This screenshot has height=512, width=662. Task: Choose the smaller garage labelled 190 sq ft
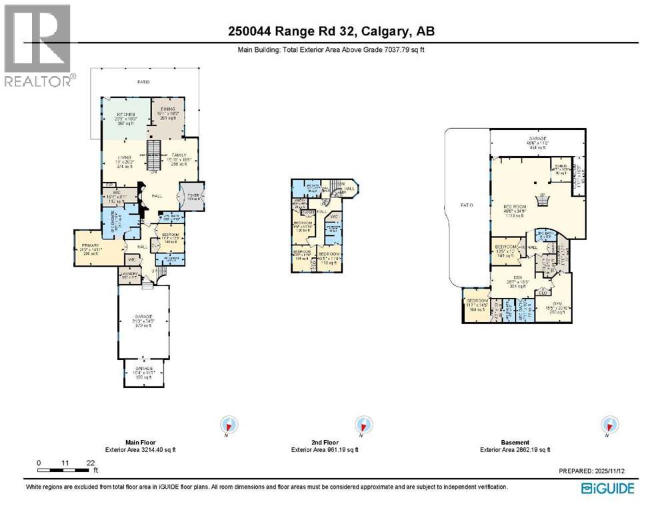[x=144, y=371]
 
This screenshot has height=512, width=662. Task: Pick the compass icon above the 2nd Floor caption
[x=363, y=425]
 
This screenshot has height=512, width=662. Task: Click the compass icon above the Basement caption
[x=607, y=425]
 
